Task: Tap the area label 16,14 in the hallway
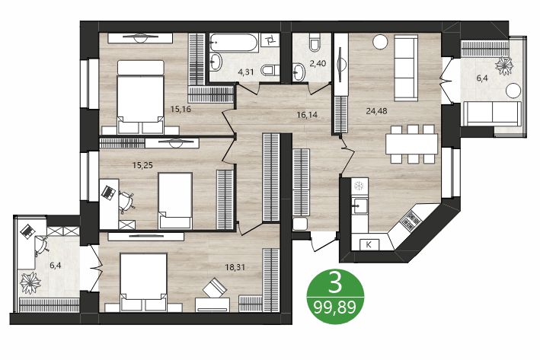(307, 116)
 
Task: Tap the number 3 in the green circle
(334, 284)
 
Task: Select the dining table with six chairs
(411, 143)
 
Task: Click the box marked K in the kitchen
(369, 244)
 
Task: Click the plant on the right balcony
(503, 67)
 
